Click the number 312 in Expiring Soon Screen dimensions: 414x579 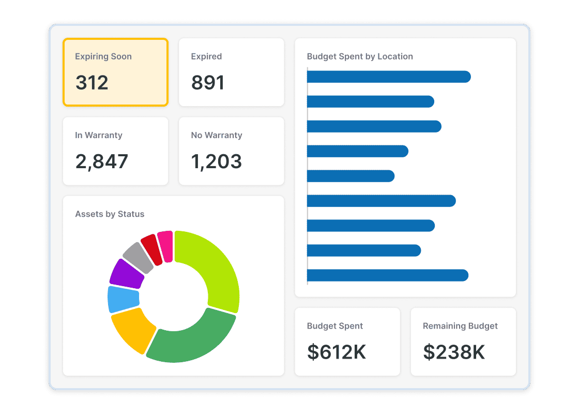(x=92, y=83)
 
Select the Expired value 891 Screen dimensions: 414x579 (x=208, y=83)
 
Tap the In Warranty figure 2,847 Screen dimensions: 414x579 (x=102, y=161)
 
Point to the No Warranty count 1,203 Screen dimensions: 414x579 (x=217, y=161)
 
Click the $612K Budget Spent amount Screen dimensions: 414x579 (x=337, y=352)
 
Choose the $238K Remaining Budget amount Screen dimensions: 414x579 (x=454, y=352)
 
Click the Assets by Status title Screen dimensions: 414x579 (x=110, y=214)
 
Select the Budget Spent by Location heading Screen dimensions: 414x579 (x=360, y=56)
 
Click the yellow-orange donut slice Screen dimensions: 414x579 (x=131, y=329)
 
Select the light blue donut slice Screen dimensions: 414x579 (x=123, y=299)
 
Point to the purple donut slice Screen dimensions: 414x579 (x=126, y=274)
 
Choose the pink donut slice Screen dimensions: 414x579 (x=165, y=245)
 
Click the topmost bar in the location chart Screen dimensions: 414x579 (x=388, y=77)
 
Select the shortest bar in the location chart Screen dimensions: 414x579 (x=351, y=176)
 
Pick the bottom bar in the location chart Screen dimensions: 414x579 (x=387, y=275)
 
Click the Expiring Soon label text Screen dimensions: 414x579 (x=103, y=56)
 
